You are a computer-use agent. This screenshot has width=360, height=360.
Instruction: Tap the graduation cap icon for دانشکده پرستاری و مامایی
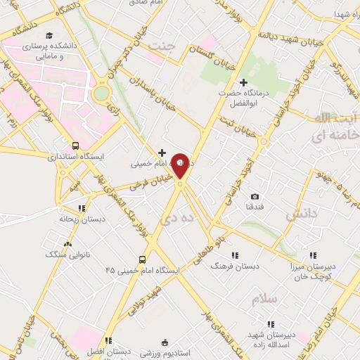(x=49, y=35)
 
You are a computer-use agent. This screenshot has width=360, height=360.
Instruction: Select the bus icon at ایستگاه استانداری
(x=75, y=146)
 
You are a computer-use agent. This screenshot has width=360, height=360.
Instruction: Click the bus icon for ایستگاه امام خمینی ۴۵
(x=143, y=259)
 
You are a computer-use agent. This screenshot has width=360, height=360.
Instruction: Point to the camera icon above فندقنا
(x=255, y=196)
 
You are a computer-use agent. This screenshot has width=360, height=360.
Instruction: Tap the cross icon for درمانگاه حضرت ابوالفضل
(x=243, y=83)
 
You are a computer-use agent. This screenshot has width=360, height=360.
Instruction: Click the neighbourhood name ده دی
(x=171, y=218)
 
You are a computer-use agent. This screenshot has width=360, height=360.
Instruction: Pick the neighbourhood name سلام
(x=266, y=299)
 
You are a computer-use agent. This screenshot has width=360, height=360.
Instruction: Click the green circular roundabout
(x=102, y=93)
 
